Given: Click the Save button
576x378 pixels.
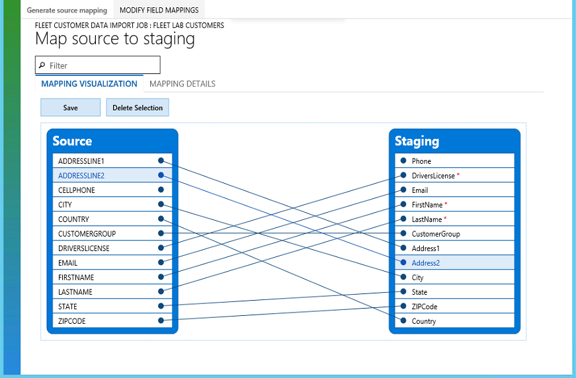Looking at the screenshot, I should pyautogui.click(x=70, y=108).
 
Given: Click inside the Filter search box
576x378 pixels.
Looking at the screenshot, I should pyautogui.click(x=103, y=65).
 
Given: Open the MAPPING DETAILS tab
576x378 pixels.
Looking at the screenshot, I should pyautogui.click(x=182, y=84).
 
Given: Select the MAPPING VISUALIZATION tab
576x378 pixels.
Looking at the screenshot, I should pyautogui.click(x=89, y=84).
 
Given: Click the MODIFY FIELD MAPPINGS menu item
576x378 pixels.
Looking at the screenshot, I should pyautogui.click(x=159, y=11).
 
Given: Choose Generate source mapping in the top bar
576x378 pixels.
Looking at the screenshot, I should pyautogui.click(x=66, y=11).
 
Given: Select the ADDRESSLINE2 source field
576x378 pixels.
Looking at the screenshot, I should pyautogui.click(x=81, y=176).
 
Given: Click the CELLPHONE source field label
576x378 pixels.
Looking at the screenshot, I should pyautogui.click(x=77, y=190).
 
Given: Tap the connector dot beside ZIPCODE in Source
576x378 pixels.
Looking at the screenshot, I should pyautogui.click(x=161, y=321).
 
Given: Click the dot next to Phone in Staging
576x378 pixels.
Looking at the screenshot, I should pyautogui.click(x=403, y=161).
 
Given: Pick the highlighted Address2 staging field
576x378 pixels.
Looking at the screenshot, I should pyautogui.click(x=425, y=263).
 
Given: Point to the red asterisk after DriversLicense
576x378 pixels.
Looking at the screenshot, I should pyautogui.click(x=458, y=175).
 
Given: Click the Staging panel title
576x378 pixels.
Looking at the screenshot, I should pyautogui.click(x=417, y=141).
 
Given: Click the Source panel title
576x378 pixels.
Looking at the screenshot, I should pyautogui.click(x=72, y=141).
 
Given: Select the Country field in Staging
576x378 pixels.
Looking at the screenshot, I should pyautogui.click(x=423, y=321).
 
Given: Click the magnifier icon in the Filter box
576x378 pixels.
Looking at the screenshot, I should pyautogui.click(x=42, y=65).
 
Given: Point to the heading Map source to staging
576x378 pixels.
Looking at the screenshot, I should pyautogui.click(x=115, y=39).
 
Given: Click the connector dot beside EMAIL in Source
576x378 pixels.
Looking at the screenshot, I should pyautogui.click(x=161, y=263).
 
